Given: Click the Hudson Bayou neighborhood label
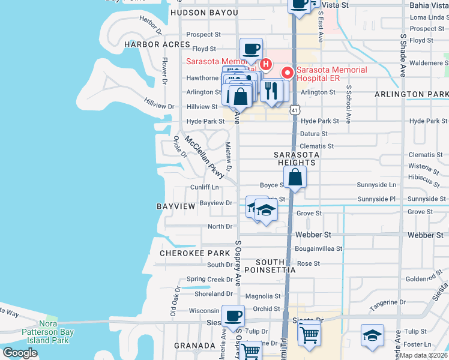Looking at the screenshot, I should tap(204, 13).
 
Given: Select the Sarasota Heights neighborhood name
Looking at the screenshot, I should tap(294, 158).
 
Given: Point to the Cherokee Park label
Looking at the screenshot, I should tap(195, 253).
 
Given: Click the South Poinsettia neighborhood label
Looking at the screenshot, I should tap(276, 266).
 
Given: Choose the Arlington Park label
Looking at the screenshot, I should tap(412, 95).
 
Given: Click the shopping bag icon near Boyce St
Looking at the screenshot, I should tap(295, 178).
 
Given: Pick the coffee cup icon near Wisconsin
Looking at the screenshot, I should tap(233, 315).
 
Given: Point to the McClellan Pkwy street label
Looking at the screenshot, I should tap(204, 158).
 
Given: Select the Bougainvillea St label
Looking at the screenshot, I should tap(318, 248).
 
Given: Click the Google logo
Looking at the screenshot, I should tap(20, 353).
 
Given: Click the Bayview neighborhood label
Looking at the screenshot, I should tap(176, 206).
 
